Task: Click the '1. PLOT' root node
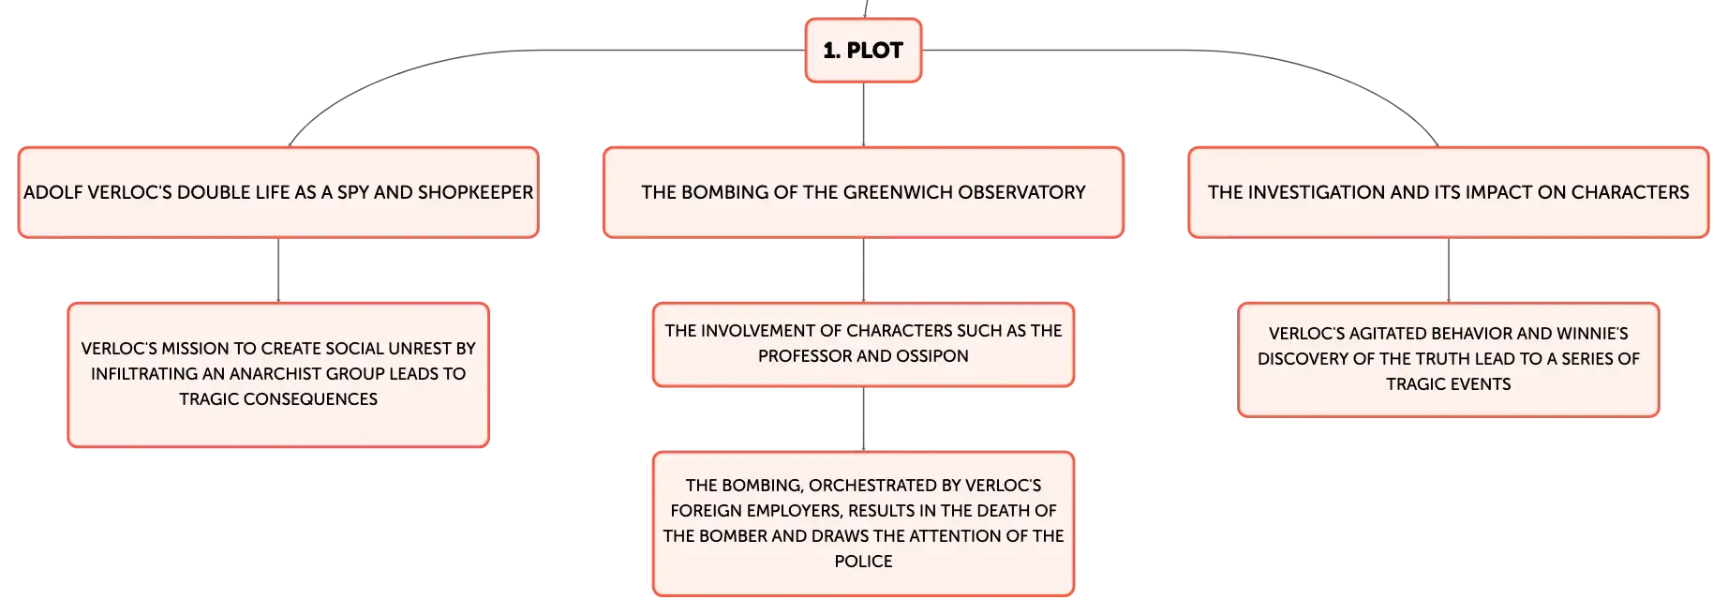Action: [x=863, y=51]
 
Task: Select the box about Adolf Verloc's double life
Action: [x=278, y=192]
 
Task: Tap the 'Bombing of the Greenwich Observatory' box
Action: [x=863, y=192]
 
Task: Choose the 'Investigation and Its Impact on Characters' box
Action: [x=1448, y=192]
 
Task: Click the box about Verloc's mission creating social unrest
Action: [x=278, y=375]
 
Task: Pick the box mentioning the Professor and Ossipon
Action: [x=863, y=344]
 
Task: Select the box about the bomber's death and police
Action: [x=863, y=524]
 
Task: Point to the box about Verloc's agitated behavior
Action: [x=1448, y=360]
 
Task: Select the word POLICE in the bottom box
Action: [x=863, y=562]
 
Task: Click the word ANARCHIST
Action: [x=275, y=374]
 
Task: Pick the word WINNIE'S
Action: [x=1592, y=334]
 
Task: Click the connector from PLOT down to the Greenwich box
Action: [x=863, y=114]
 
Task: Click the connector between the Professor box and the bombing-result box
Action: [x=863, y=419]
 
